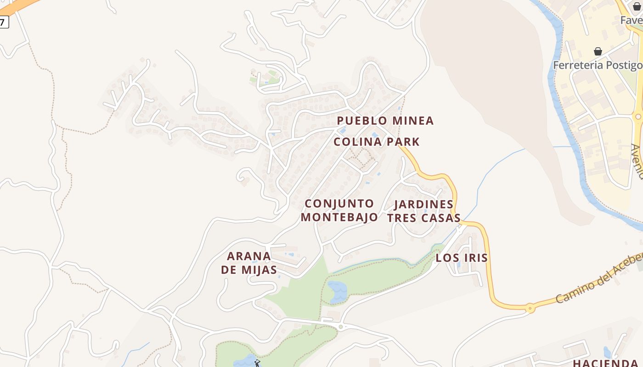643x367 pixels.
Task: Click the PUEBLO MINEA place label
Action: [385, 121]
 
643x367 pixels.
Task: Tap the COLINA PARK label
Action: [377, 142]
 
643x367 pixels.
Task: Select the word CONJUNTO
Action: [339, 203]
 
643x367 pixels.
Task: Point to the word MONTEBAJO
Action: [339, 217]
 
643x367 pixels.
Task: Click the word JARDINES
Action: [423, 204]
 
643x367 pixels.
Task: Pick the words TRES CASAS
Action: [423, 218]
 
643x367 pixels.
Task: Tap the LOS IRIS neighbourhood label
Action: [462, 258]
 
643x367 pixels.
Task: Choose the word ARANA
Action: [249, 256]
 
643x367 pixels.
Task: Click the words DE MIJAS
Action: [249, 270]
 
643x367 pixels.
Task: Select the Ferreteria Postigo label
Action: [597, 65]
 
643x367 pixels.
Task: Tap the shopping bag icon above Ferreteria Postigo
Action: [598, 51]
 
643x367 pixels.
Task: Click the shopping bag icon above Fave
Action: [637, 6]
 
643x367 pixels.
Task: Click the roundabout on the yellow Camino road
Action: [530, 308]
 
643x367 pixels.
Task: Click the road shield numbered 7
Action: [4, 22]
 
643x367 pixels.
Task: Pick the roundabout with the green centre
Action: [340, 327]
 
